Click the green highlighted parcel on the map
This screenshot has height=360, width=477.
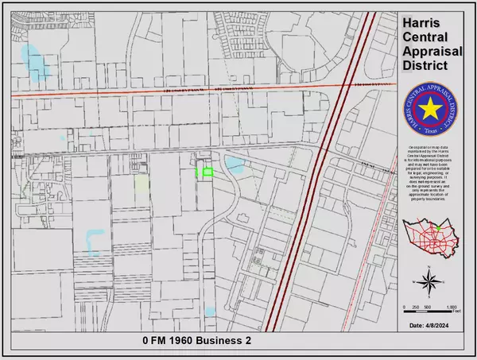pos(207,172)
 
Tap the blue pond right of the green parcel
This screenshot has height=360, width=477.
pos(234,166)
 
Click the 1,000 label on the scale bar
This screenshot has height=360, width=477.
pos(452,307)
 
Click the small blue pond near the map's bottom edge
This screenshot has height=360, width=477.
pos(210,310)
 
